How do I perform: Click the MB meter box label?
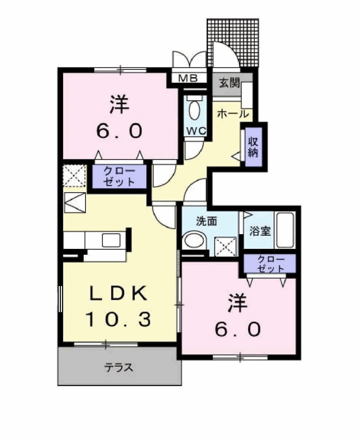(188, 78)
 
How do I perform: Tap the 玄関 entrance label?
(230, 83)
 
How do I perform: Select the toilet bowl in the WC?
(194, 110)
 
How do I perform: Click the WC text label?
(196, 131)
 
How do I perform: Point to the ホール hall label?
(233, 113)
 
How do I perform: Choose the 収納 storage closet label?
(253, 147)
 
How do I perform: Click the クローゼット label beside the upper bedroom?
(120, 176)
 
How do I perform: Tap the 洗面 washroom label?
(206, 221)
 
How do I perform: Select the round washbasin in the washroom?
(194, 240)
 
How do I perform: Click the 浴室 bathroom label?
(260, 231)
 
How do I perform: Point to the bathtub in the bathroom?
(285, 230)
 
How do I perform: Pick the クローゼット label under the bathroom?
(271, 264)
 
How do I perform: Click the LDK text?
(118, 293)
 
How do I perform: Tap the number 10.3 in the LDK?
(118, 319)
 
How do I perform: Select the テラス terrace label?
(119, 367)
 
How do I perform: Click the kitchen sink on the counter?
(111, 240)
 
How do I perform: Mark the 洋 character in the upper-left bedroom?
(120, 105)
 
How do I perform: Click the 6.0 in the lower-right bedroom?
(238, 329)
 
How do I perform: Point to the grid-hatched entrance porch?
(233, 43)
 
